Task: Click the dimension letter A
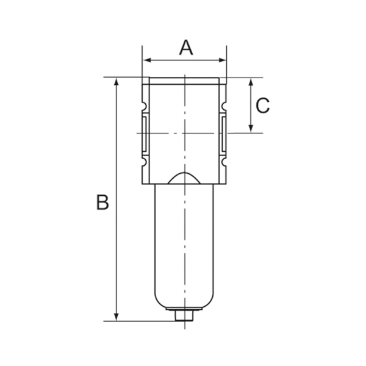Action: pos(185,47)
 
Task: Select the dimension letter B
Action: pos(102,202)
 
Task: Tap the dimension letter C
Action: pos(262,106)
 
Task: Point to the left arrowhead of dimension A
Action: pos(145,60)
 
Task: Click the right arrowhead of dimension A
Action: pos(223,60)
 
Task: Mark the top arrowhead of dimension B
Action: pos(115,82)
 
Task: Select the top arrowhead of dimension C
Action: pos(251,82)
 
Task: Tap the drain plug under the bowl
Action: pos(184,317)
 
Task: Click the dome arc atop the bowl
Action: pos(184,177)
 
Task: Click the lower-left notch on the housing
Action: pos(145,162)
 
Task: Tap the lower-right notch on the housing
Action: pos(223,162)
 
